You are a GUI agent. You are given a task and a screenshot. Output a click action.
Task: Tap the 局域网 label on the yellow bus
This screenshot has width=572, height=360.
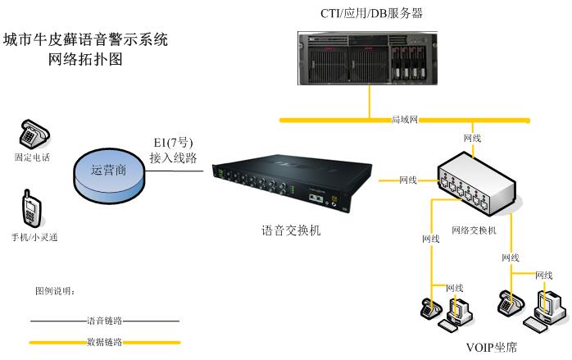point(405,120)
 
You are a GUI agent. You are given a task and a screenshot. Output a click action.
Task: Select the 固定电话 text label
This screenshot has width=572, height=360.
point(32,157)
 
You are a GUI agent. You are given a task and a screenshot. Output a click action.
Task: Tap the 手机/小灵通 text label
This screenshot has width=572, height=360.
point(34,237)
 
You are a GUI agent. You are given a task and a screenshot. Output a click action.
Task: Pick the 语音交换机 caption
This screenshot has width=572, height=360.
point(291,230)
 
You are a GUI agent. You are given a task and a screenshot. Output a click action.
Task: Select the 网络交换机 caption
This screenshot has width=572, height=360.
point(474,230)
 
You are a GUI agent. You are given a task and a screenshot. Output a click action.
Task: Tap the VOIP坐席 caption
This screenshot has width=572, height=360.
point(492,349)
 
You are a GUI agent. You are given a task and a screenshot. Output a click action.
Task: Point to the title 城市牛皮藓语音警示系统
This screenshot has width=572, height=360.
point(85,39)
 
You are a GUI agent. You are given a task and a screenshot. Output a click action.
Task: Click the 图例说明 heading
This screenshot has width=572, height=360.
point(54,291)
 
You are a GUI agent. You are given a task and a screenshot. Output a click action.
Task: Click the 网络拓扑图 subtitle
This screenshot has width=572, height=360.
point(85,59)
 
